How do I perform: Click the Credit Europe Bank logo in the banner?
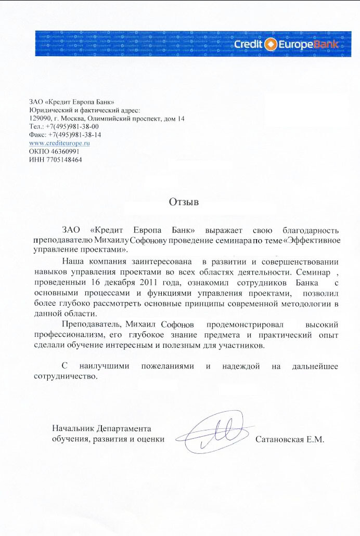(x=287, y=44)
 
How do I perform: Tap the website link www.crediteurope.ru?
(x=59, y=142)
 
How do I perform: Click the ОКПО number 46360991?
(x=65, y=151)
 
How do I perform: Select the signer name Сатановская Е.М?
(x=290, y=439)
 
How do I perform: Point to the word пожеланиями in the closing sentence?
(x=168, y=366)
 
